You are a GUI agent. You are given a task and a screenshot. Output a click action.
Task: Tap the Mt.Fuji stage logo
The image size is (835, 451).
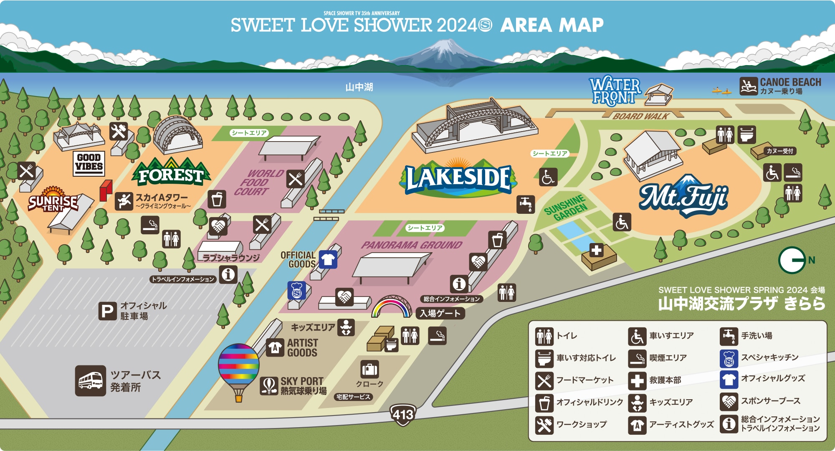click(x=684, y=196)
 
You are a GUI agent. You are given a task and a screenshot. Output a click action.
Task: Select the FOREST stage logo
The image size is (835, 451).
click(x=171, y=174)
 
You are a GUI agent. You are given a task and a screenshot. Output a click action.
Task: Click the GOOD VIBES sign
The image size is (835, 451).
click(x=89, y=163)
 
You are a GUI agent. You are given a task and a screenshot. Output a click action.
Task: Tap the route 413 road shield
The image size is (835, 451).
click(x=403, y=414)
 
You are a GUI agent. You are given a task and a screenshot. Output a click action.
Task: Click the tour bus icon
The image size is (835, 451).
click(x=91, y=380)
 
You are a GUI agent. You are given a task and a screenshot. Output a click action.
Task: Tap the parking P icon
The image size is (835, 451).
click(x=107, y=312)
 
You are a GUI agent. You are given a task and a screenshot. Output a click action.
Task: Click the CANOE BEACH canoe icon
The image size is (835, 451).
click(x=748, y=86)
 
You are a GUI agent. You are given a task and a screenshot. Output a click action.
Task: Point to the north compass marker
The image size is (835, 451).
click(x=792, y=260)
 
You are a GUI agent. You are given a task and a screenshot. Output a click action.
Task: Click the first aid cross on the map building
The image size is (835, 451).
click(x=596, y=250)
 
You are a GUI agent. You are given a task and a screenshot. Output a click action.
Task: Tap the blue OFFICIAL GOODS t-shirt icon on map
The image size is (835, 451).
click(x=328, y=259)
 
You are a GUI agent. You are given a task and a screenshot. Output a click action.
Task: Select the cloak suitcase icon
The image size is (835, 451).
click(x=369, y=369)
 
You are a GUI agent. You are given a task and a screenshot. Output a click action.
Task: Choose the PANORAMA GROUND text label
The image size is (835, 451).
click(x=412, y=245)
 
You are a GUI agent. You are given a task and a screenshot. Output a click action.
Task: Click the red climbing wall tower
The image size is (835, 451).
click(x=106, y=190)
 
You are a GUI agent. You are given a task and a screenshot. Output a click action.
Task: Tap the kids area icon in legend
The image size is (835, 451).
click(x=637, y=403)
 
